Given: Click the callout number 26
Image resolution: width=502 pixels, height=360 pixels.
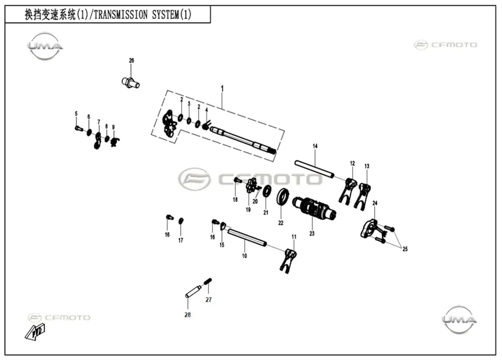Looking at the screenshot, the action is point(132,60).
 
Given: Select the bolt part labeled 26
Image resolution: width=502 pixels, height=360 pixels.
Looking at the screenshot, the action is point(130,82).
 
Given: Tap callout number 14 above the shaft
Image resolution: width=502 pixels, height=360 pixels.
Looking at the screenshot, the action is point(315,146).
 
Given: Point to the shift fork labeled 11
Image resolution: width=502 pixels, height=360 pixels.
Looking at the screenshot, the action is point(289,260).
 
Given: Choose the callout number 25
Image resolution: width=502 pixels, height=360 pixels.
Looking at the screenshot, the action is point(405,249).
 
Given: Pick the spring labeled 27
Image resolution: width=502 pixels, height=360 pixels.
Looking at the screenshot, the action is point(208,282).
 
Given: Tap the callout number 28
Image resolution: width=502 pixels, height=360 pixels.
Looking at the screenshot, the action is point(188,315).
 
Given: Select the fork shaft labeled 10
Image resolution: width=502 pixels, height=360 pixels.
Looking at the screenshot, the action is point(247,238).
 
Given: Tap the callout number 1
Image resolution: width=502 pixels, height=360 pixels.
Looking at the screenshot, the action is point(222,88).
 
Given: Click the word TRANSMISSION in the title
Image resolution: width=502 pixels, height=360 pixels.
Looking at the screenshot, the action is point(121,15).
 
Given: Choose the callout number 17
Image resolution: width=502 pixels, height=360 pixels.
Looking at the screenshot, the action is point(181,240).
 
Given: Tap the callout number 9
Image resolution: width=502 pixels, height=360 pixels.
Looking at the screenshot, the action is point(113,127).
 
